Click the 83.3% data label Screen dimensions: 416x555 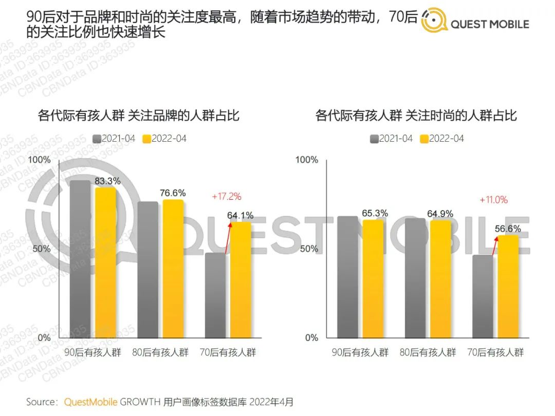[x=107, y=181]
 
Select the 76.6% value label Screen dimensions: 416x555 [x=173, y=193]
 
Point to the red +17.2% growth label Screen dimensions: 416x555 [x=226, y=196]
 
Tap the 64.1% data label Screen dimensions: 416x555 [x=240, y=216]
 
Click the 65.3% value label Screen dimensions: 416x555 [x=375, y=213]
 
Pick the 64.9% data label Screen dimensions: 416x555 [x=440, y=213]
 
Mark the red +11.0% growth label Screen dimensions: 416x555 [x=493, y=200]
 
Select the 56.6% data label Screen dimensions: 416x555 [x=508, y=229]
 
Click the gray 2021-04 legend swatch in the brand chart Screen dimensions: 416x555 [x=97, y=139]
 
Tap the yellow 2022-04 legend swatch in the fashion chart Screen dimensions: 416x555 [x=424, y=139]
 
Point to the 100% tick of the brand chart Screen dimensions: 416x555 [x=40, y=160]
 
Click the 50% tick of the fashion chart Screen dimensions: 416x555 [x=309, y=249]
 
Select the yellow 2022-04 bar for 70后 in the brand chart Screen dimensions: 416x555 [x=240, y=280]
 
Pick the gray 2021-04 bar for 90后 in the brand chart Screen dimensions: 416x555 [x=80, y=259]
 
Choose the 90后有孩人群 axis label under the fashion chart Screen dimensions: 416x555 [x=359, y=353]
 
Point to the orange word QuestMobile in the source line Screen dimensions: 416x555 [x=90, y=402]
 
